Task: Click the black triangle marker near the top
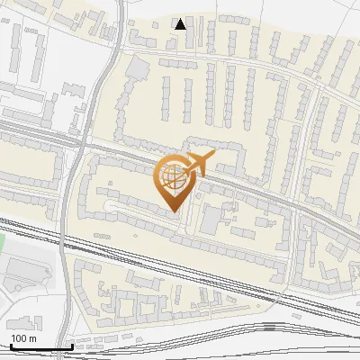click(x=181, y=24)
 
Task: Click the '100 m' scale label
click(x=23, y=338)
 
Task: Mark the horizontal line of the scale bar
click(x=41, y=346)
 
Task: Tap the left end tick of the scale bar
click(x=11, y=345)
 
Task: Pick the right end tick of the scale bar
click(x=72, y=345)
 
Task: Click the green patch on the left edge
click(x=2, y=241)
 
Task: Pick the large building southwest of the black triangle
click(x=138, y=67)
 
